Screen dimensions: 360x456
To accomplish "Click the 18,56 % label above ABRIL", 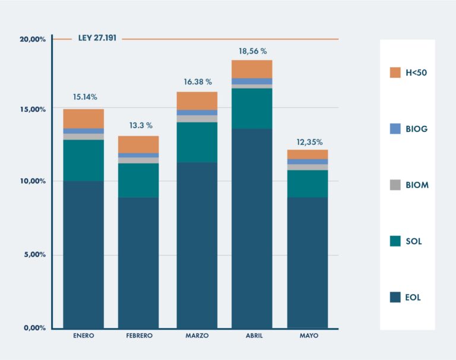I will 252,52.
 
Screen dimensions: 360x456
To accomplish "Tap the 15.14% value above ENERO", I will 85,96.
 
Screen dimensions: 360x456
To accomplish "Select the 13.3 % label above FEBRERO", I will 141,125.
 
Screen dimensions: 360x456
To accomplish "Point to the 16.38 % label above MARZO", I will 197,82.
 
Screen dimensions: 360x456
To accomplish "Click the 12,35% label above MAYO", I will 309,142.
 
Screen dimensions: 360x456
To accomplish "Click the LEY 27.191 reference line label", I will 97,39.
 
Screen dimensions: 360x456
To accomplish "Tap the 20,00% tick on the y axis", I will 33,39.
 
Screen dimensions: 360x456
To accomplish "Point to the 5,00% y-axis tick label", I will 34,255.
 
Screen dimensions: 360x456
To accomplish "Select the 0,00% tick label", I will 34,328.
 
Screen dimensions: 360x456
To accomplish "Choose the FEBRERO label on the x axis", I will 140,336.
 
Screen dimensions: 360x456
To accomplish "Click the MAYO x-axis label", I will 309,336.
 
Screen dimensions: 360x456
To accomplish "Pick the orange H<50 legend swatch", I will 395,72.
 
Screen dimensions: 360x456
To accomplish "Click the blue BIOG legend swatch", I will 395,129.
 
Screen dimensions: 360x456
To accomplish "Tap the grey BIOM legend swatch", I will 395,185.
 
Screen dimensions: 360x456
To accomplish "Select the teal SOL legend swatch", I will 395,241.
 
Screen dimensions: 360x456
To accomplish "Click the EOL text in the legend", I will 413,298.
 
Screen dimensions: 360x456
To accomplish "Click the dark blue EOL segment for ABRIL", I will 252,228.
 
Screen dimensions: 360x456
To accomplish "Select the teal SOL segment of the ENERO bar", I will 84,160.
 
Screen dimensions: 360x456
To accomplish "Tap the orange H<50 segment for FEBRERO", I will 138,144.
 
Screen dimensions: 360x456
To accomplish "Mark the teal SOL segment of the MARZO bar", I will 197,143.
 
